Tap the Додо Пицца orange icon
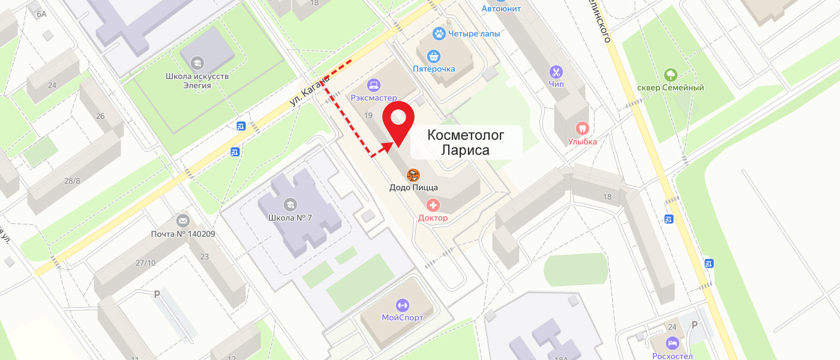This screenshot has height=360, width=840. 413,175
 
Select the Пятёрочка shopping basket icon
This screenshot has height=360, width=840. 434,56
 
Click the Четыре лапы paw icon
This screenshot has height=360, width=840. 440,34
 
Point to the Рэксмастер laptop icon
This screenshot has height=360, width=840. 374,85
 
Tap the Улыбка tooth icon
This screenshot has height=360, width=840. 582,128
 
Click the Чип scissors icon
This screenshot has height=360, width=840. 556,72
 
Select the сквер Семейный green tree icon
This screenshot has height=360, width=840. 670,75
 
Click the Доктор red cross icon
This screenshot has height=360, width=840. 433,206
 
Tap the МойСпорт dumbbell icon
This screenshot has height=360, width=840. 402,305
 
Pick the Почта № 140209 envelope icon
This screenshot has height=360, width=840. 183,221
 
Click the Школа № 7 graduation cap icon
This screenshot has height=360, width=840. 291,205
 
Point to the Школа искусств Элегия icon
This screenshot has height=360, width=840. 197,63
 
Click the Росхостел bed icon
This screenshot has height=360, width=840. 672,344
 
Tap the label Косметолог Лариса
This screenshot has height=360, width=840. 466,143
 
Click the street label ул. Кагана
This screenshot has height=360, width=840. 310,91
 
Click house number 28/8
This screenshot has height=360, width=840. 72,181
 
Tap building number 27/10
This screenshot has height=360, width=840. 145,262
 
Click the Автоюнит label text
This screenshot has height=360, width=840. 501,8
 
